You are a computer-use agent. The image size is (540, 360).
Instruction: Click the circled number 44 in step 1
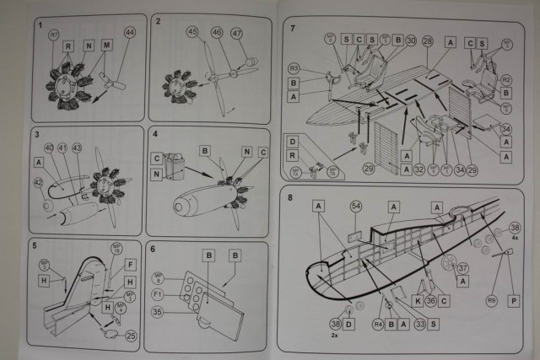129,32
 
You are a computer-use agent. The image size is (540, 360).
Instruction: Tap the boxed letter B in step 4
204,150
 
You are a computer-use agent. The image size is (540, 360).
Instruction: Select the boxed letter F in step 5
130,264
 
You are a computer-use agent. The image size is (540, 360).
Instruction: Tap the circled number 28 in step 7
427,40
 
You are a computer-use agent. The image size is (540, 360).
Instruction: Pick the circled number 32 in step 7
419,168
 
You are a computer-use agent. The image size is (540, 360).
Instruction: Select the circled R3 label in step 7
294,67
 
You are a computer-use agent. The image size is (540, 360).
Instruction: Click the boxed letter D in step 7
292,141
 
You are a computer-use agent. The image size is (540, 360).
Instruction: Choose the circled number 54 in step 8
355,207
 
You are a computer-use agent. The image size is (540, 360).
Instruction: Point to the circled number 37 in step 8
464,268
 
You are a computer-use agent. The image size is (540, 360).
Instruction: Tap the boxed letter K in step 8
418,300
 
